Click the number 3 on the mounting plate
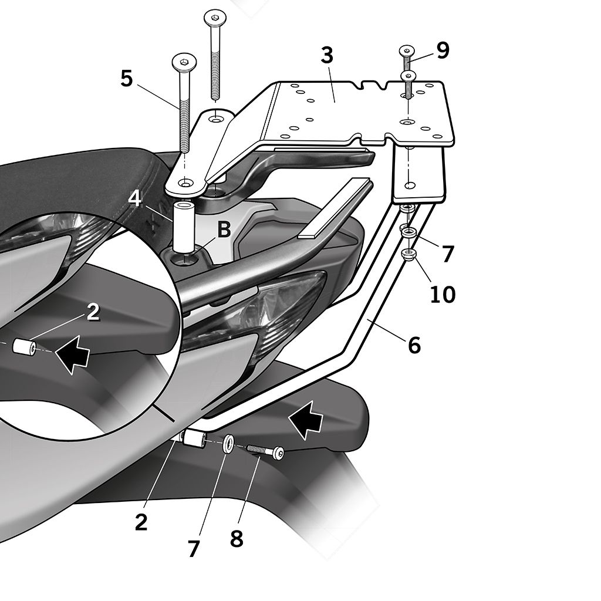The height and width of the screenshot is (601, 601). [327, 56]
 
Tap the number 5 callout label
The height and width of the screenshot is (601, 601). [127, 78]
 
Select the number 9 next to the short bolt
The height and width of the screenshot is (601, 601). [443, 50]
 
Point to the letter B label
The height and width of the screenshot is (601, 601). [224, 230]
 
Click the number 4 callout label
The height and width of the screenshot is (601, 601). [136, 198]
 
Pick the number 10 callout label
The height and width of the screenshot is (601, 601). [443, 294]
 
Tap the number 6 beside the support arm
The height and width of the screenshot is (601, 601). [414, 345]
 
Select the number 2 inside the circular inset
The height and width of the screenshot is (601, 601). [93, 312]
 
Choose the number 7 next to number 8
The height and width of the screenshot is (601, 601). [194, 549]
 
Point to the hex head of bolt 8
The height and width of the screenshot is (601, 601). [278, 454]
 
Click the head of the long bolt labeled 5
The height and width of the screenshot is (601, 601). [184, 60]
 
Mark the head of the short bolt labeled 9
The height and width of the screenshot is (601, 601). [407, 50]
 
